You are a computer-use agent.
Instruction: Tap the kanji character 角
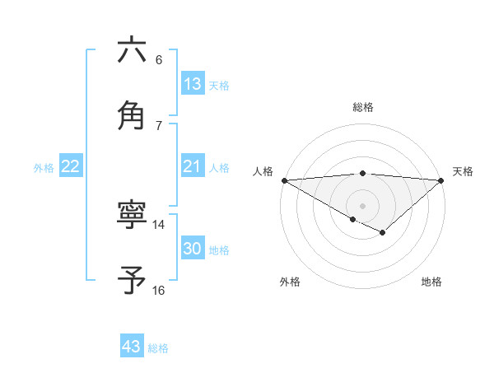pyautogui.click(x=132, y=114)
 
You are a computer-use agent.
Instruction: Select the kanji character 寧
pyautogui.click(x=132, y=216)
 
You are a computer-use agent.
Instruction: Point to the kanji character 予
pyautogui.click(x=132, y=280)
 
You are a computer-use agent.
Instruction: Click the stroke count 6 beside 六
pyautogui.click(x=159, y=60)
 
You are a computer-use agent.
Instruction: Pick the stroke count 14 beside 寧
pyautogui.click(x=159, y=224)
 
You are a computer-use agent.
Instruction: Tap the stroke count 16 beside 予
pyautogui.click(x=159, y=290)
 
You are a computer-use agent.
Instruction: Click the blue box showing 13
pyautogui.click(x=193, y=84)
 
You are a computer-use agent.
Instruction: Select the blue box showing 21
pyautogui.click(x=193, y=166)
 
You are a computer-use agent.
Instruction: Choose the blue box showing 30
pyautogui.click(x=193, y=249)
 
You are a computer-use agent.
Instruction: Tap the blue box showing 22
pyautogui.click(x=71, y=166)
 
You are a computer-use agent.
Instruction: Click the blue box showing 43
pyautogui.click(x=132, y=347)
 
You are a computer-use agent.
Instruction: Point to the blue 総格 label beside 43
pyautogui.click(x=159, y=348)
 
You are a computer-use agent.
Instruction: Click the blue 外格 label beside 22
pyautogui.click(x=44, y=168)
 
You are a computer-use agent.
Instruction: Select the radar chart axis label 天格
pyautogui.click(x=463, y=171)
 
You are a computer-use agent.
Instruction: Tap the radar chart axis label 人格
pyautogui.click(x=263, y=171)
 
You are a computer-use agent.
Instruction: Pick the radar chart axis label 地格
pyautogui.click(x=431, y=282)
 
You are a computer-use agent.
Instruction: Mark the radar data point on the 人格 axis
pyautogui.click(x=284, y=180)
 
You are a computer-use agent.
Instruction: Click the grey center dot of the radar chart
pyautogui.click(x=362, y=205)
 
